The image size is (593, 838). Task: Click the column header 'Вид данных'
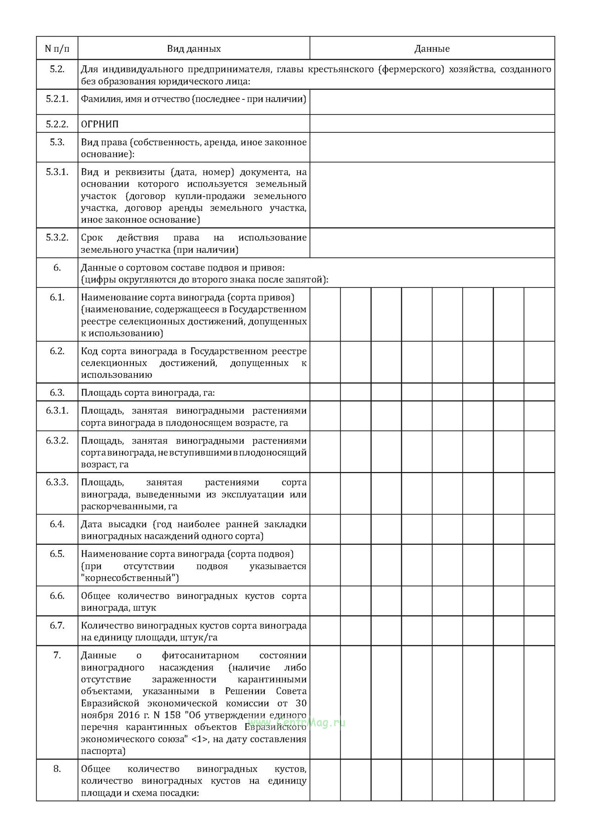pos(193,49)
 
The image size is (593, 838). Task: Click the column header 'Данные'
pos(432,49)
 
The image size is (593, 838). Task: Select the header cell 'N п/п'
pos(57,49)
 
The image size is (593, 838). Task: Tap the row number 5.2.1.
pos(57,99)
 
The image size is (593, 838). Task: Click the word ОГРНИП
pos(100,124)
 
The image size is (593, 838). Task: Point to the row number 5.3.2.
pos(57,238)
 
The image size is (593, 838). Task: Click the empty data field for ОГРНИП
pos(432,124)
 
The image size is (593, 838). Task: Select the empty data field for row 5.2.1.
pos(432,102)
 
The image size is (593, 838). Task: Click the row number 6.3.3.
pos(57,482)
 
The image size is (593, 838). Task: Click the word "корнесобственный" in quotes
pos(130,578)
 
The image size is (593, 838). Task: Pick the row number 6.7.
pos(57,626)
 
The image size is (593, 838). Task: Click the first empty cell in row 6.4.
pos(325,530)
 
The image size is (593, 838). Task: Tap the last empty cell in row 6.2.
pos(539,362)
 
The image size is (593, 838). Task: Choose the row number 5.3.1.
pos(57,172)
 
